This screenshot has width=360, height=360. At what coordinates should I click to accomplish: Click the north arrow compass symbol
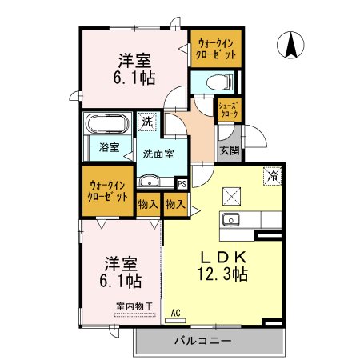coord(290,45)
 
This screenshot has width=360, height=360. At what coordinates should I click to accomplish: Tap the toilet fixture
coord(220,82)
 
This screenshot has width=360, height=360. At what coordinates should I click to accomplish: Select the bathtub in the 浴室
coord(107,124)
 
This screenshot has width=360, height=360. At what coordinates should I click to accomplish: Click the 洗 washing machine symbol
coord(147,122)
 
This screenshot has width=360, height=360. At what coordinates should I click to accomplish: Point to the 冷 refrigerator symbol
coord(272,175)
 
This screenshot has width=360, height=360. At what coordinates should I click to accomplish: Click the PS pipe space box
coord(182,184)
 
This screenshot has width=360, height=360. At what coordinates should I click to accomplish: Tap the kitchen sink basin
coord(231,220)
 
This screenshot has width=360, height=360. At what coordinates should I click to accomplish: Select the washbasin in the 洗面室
coord(150,181)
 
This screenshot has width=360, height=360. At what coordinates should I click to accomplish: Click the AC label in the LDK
coord(176,313)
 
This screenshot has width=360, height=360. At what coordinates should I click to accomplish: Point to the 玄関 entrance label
coord(230,151)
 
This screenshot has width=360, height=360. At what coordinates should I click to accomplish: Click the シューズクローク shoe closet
coord(229,110)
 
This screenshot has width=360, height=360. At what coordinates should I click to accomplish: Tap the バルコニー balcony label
coord(203,341)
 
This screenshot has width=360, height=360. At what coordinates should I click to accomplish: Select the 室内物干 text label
coord(134,306)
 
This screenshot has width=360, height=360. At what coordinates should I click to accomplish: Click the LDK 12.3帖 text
coord(223,266)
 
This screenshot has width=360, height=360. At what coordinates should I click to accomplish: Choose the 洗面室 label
coord(158,154)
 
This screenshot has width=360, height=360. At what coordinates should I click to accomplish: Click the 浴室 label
coord(109,147)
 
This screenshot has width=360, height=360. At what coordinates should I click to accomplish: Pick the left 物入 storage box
coord(148,205)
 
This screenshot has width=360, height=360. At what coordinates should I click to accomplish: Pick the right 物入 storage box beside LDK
coord(175,205)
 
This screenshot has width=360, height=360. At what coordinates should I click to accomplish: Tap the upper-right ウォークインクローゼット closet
coord(216,49)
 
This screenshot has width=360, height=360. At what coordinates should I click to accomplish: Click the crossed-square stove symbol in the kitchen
coord(231,196)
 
